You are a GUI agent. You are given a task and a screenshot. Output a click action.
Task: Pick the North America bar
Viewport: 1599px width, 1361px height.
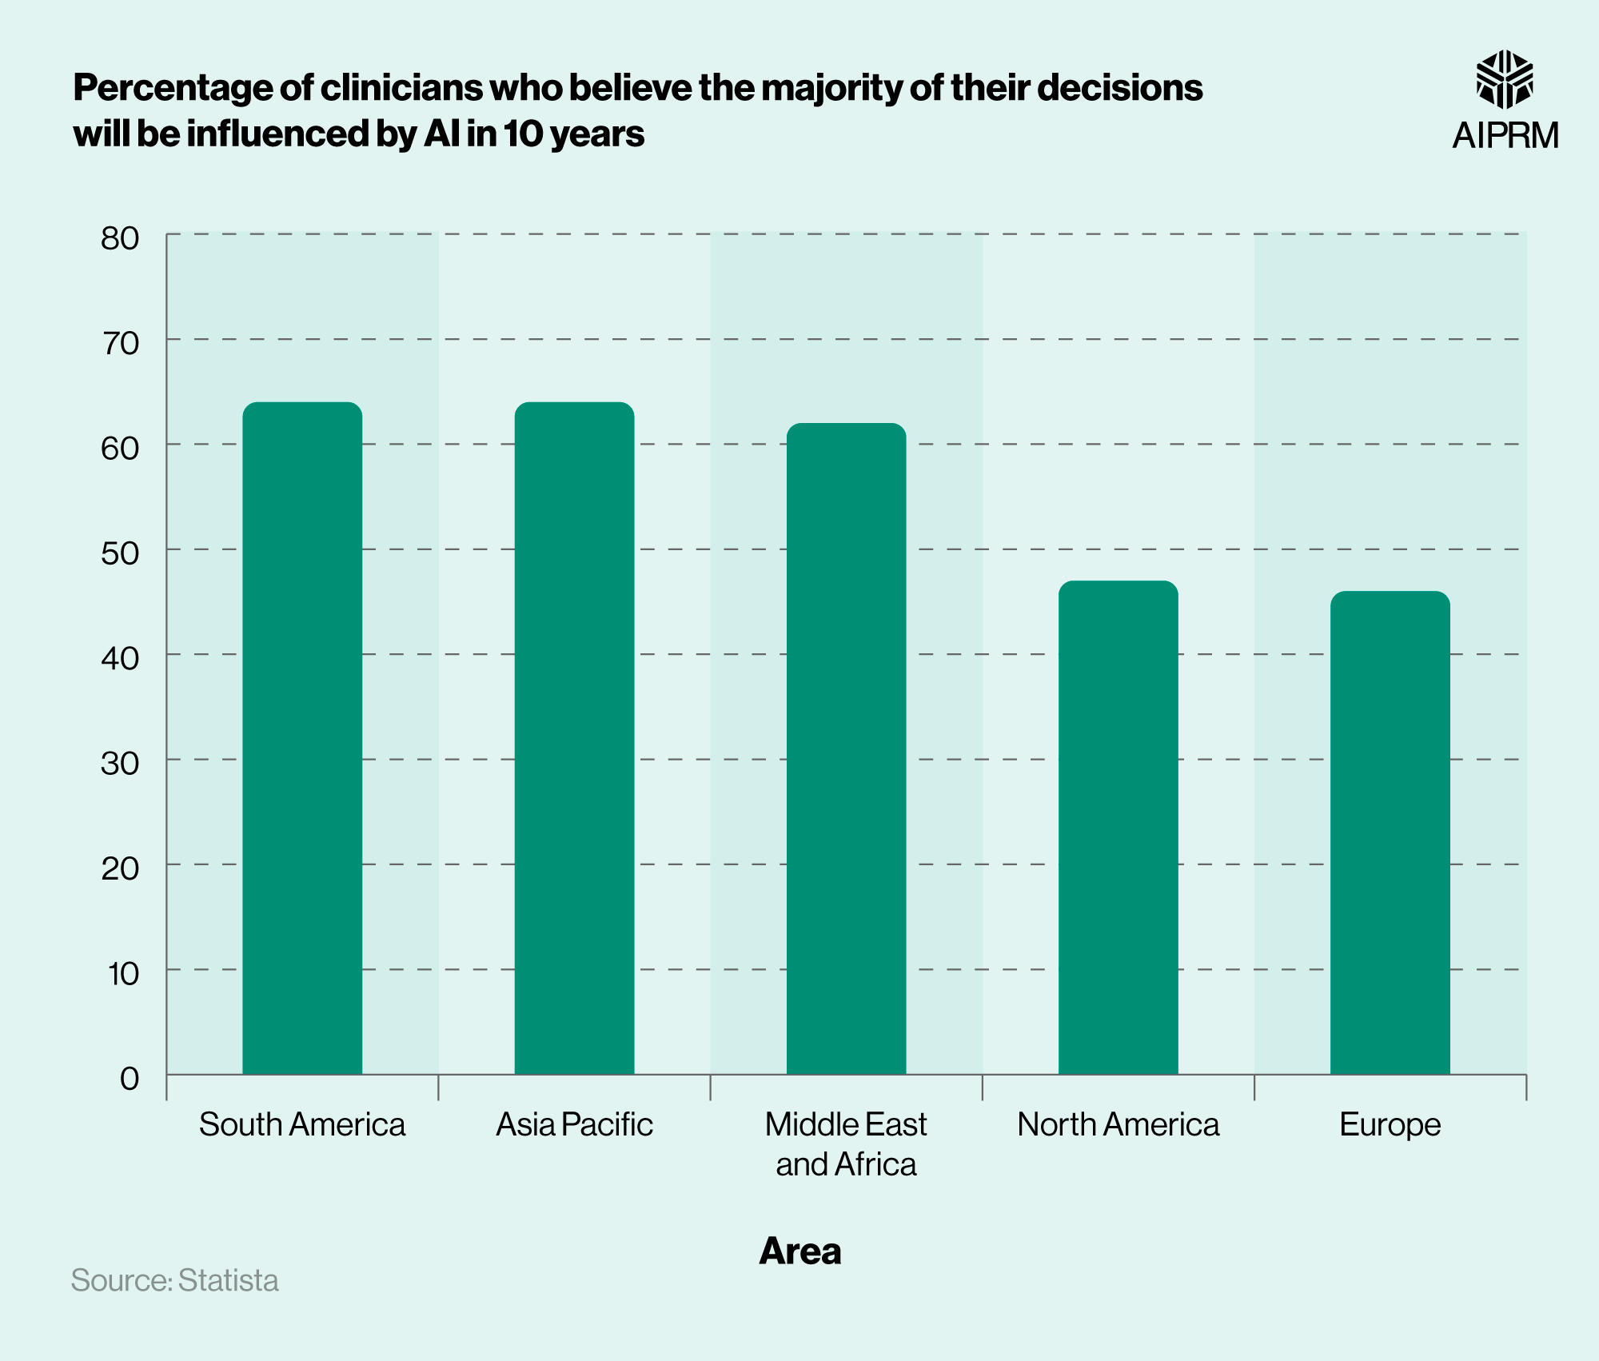click(1118, 827)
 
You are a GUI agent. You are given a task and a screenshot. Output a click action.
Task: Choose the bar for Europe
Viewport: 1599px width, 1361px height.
click(1390, 832)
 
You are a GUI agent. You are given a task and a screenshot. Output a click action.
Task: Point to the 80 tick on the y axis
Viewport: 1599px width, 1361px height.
click(120, 237)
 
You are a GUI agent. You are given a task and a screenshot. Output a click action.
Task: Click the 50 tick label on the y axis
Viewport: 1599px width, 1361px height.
click(120, 553)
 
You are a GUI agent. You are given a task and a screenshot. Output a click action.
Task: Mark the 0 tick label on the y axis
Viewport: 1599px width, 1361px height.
click(129, 1078)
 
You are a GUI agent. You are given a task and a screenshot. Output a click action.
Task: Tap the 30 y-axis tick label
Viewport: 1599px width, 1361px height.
click(120, 763)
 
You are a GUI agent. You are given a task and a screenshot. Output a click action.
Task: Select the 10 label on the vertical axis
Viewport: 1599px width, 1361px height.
click(123, 973)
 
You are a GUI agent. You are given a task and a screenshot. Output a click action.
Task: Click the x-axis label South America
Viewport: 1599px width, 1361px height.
click(302, 1124)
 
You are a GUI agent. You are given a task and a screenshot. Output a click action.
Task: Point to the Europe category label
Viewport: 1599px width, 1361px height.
click(1390, 1124)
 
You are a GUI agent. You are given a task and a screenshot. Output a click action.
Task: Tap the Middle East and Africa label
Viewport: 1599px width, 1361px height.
click(846, 1143)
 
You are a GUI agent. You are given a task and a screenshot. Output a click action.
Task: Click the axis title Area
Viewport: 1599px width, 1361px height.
click(799, 1251)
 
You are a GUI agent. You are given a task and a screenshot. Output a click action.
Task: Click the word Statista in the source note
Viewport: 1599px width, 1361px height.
click(228, 1280)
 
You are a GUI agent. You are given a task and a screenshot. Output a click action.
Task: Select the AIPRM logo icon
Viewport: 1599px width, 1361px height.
click(1504, 78)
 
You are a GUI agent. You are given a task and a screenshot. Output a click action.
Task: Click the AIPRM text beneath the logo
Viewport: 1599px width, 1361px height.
click(1505, 135)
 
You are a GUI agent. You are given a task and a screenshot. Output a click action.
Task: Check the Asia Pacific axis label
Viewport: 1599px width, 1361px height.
click(574, 1124)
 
